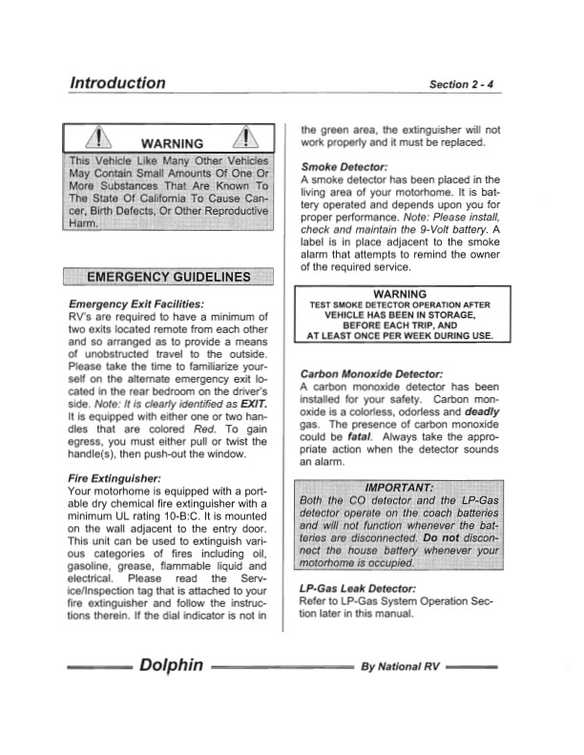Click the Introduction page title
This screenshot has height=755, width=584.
point(116,82)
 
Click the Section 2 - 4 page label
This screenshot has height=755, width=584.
point(461,84)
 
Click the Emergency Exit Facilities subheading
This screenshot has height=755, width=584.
point(136,304)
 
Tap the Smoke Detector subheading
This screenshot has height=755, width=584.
point(344,166)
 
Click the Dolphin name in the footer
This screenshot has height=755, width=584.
point(172,664)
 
